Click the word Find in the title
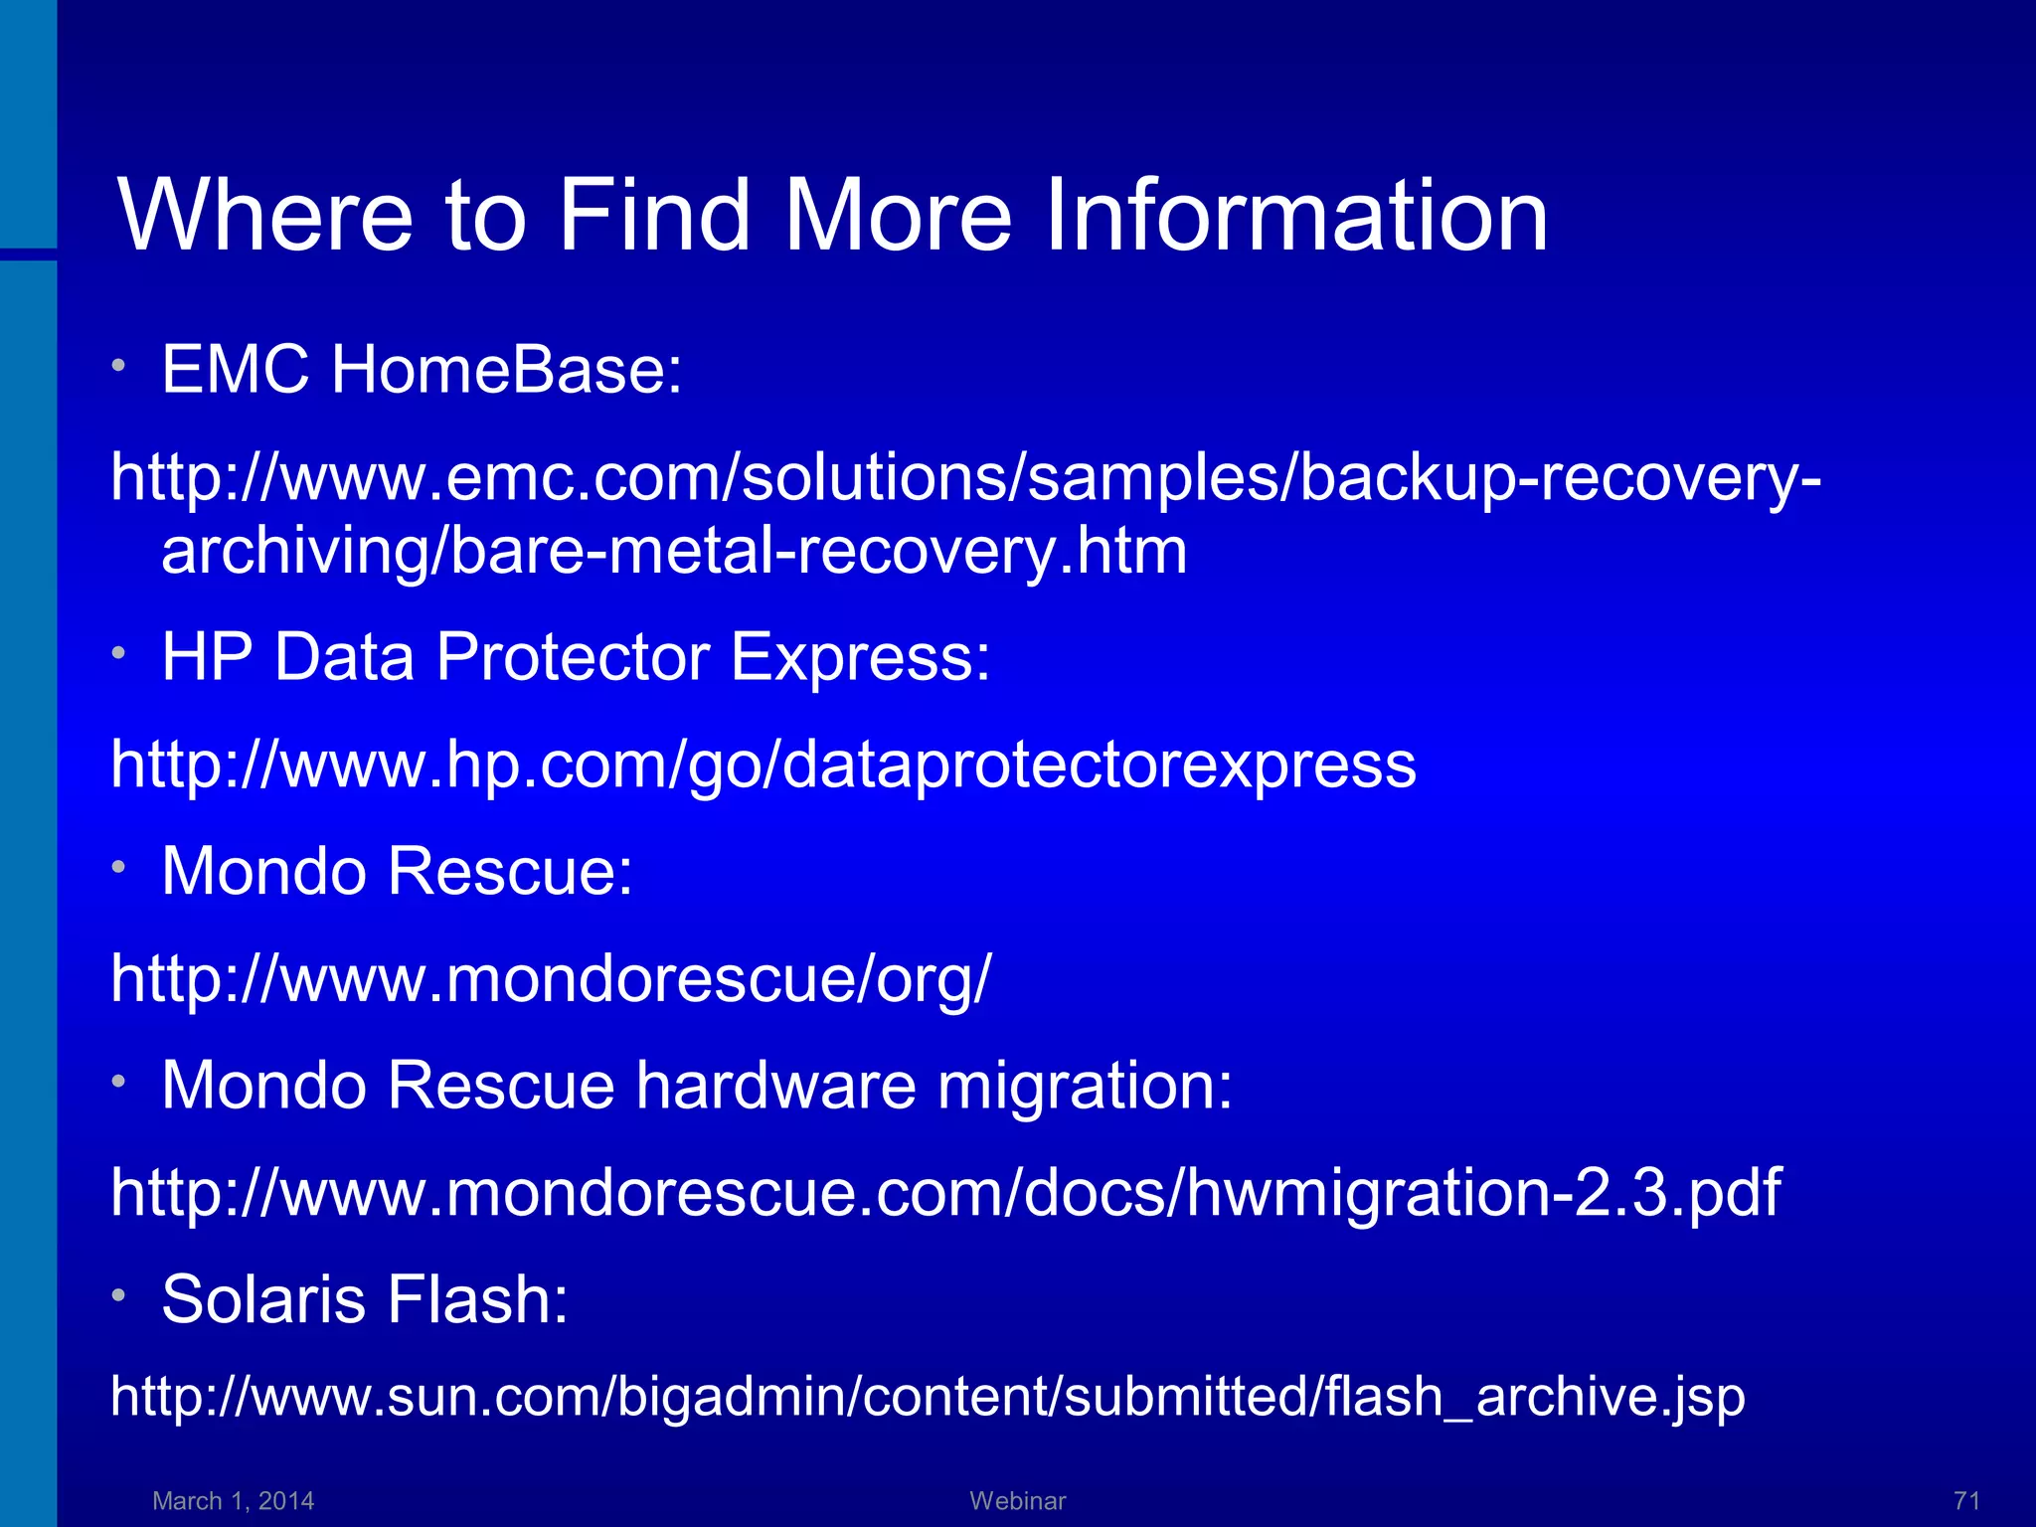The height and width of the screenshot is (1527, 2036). [652, 215]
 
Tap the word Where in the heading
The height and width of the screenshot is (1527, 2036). [264, 215]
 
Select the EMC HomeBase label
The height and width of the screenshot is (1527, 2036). [422, 370]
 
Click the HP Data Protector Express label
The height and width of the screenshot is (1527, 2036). [576, 657]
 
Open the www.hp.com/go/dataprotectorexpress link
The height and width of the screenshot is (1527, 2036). [763, 764]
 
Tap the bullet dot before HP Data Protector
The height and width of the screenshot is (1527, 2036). [118, 653]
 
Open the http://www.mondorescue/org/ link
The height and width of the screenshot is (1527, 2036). [551, 978]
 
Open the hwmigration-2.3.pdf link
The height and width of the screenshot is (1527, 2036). [945, 1192]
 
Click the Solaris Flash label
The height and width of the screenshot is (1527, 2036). [365, 1299]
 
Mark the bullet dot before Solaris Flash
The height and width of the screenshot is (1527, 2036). [118, 1295]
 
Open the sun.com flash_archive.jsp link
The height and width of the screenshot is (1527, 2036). [928, 1397]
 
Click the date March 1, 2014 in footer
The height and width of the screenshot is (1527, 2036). [234, 1500]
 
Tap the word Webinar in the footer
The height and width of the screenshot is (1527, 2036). [1018, 1500]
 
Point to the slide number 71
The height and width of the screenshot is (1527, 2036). [1967, 1500]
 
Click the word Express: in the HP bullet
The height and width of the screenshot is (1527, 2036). [860, 657]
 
